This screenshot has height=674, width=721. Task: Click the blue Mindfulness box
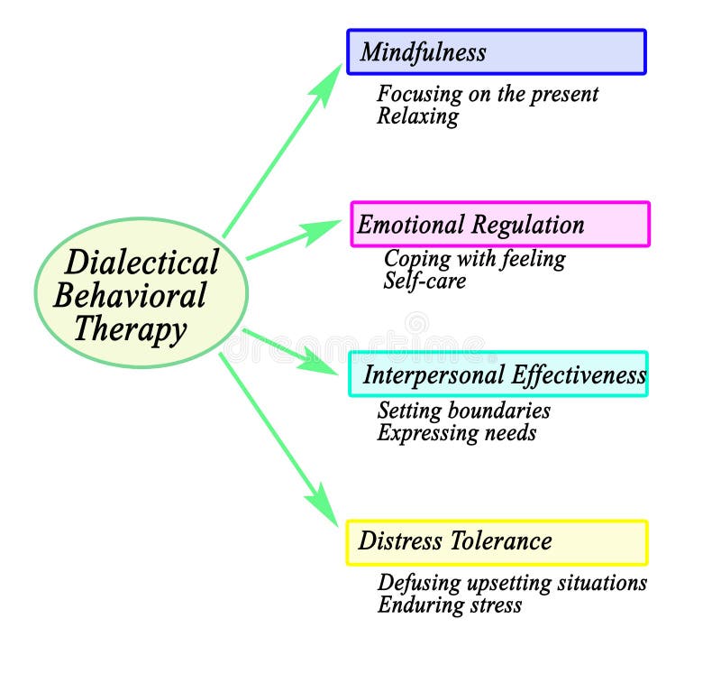click(x=497, y=52)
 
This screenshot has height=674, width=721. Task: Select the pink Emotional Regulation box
click(x=500, y=225)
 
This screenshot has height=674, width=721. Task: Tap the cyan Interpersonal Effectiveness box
click(x=498, y=374)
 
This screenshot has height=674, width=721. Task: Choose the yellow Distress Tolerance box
click(x=497, y=542)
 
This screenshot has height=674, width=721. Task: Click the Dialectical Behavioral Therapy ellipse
click(x=141, y=293)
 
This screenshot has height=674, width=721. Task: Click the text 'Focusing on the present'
click(x=487, y=94)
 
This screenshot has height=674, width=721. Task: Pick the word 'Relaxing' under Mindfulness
click(x=417, y=116)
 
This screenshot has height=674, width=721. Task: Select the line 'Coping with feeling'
click(x=474, y=259)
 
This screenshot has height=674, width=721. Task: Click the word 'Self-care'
click(x=424, y=281)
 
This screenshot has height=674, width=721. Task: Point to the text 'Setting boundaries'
click(x=463, y=411)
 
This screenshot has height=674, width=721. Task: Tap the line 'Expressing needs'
click(x=456, y=433)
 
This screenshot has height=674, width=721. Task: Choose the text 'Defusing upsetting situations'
click(x=511, y=583)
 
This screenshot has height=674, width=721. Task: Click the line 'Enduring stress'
click(x=449, y=605)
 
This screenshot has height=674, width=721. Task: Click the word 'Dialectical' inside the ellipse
click(x=141, y=263)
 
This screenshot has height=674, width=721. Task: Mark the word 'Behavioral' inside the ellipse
click(x=132, y=295)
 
